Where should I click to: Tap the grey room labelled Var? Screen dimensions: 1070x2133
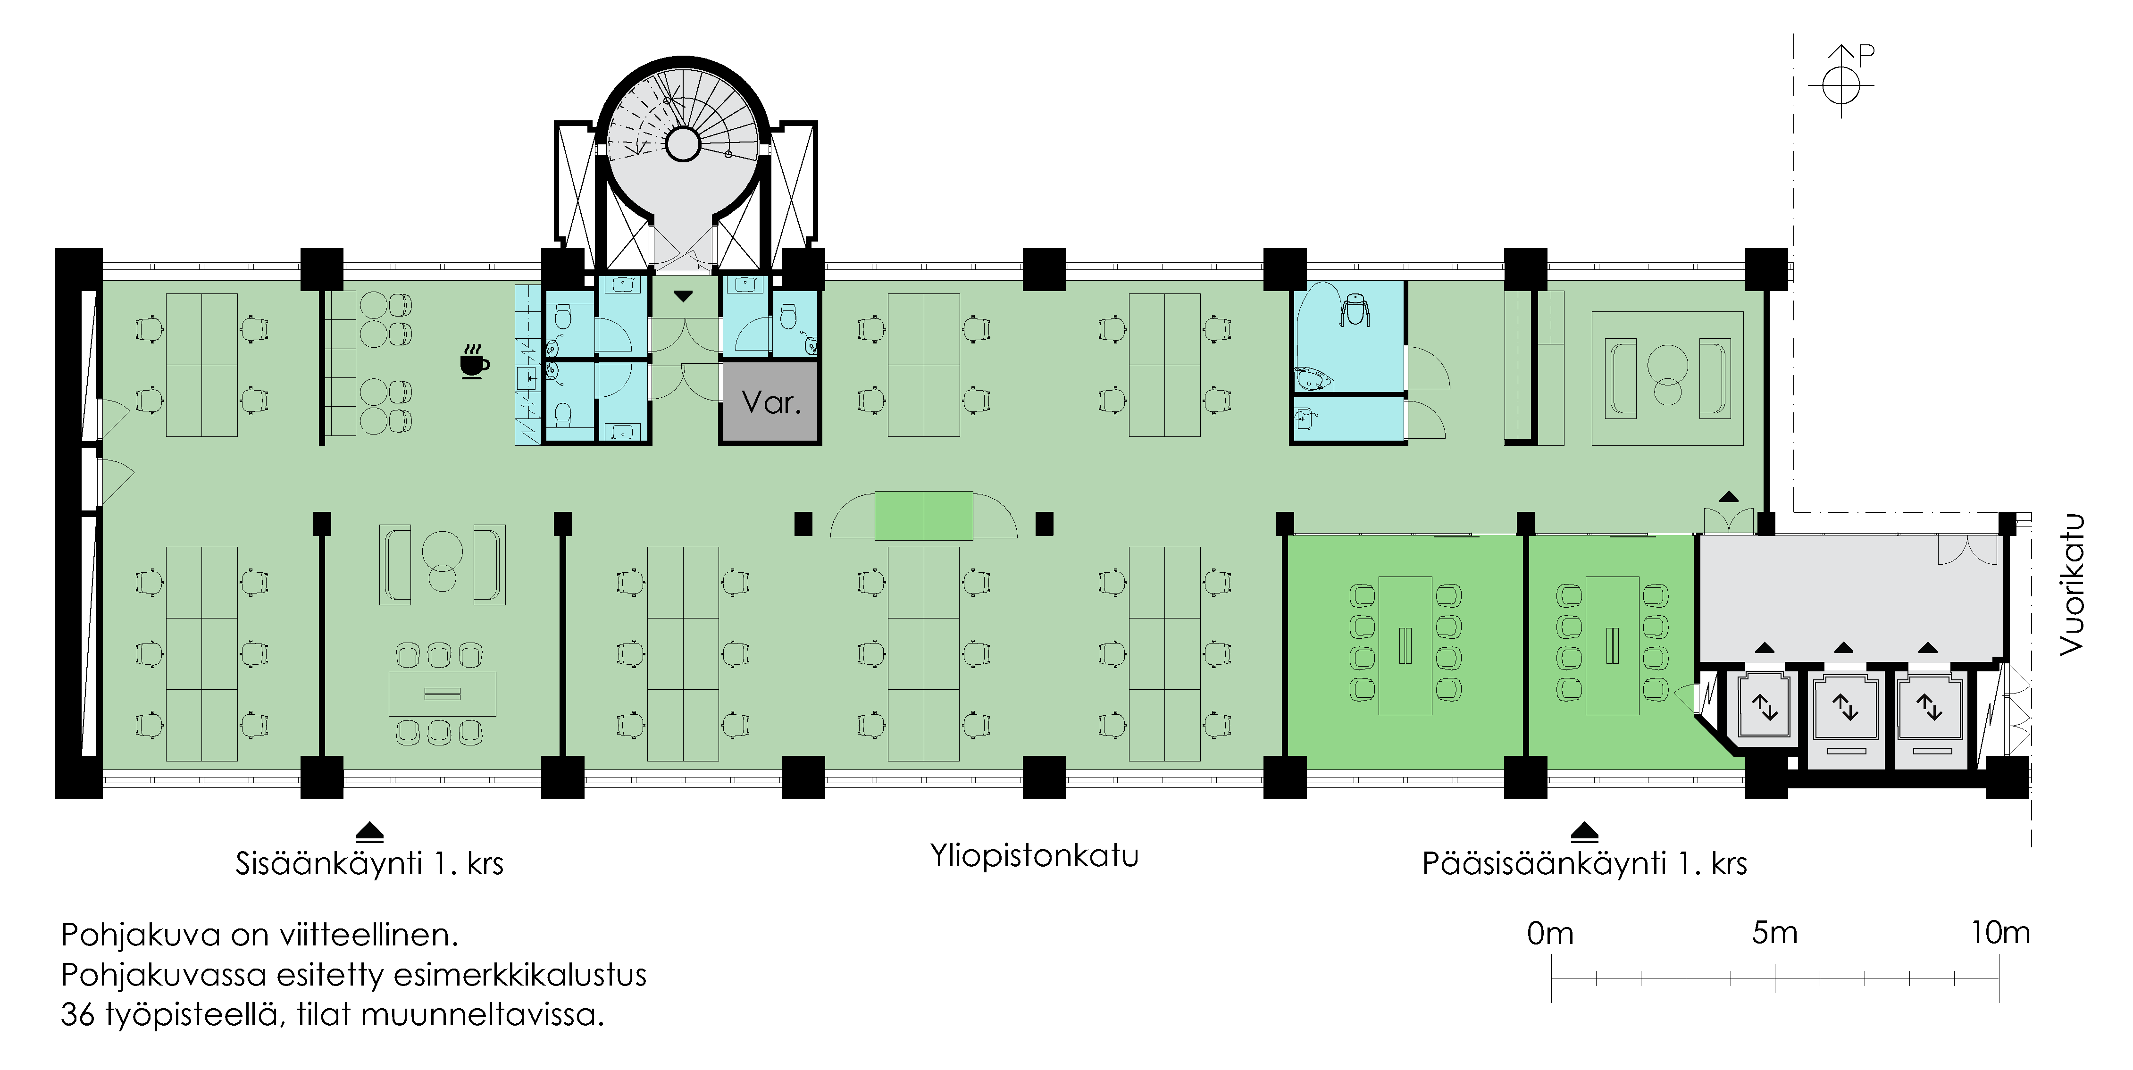click(x=770, y=402)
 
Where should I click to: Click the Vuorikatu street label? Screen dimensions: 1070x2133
click(x=2072, y=585)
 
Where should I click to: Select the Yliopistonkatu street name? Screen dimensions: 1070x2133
click(x=1034, y=855)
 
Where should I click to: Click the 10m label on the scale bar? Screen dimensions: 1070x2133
click(x=1999, y=933)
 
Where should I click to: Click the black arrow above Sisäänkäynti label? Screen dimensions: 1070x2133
click(x=369, y=831)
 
